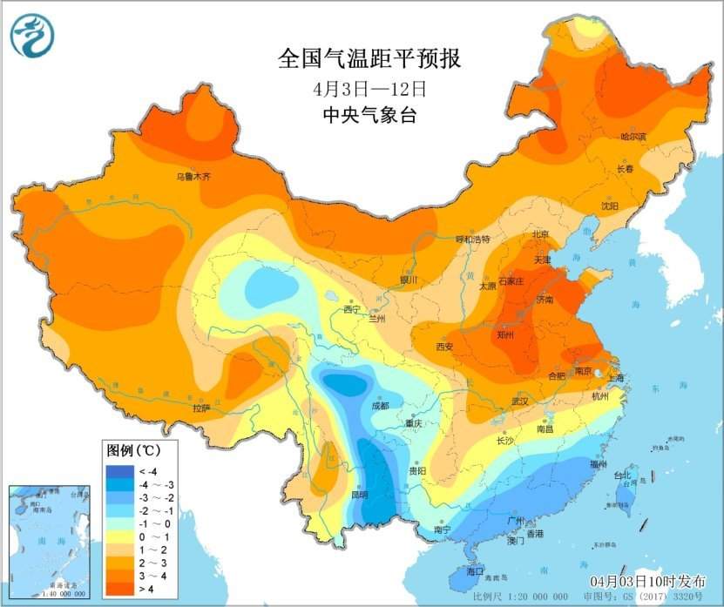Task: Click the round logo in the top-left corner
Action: [32, 37]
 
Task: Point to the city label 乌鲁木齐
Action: [193, 177]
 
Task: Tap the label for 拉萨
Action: [201, 408]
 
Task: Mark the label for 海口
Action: [475, 572]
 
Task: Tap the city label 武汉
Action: [521, 401]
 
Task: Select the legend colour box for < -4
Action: [118, 472]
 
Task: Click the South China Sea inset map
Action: [49, 541]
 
